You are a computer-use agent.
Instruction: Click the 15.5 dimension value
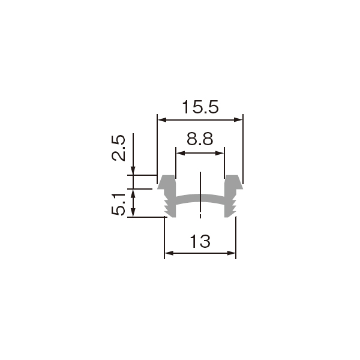click(x=200, y=107)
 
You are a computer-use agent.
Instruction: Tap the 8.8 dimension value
click(x=200, y=139)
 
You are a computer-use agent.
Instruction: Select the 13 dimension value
click(x=200, y=242)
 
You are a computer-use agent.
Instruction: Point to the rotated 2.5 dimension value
click(x=119, y=148)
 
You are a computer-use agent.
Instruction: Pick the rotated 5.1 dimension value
click(x=119, y=205)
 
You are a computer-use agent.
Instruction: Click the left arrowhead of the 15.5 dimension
click(x=162, y=119)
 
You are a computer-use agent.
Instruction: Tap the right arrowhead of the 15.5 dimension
click(x=238, y=119)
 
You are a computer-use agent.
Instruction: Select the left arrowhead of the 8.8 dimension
click(x=181, y=153)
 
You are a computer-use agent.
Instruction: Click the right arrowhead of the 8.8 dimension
click(x=220, y=153)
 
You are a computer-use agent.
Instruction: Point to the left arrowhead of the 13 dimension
click(x=169, y=253)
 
